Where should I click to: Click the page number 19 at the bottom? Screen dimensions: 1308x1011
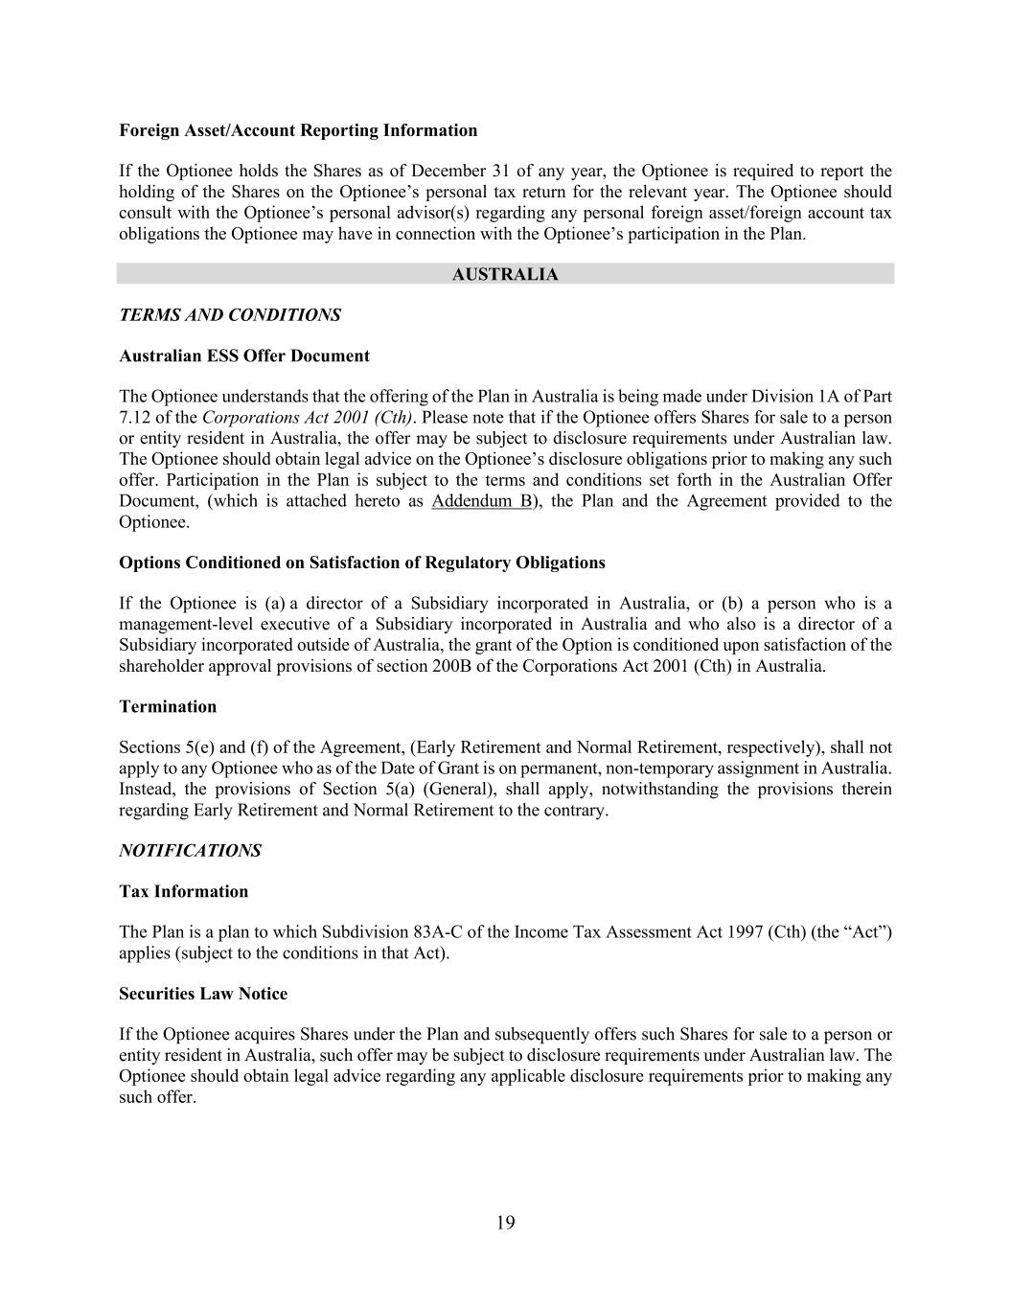[x=506, y=1223]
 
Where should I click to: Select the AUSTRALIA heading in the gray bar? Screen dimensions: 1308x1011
[x=505, y=275]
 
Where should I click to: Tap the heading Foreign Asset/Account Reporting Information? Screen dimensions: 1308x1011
[x=298, y=130]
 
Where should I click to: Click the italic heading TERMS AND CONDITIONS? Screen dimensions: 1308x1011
[x=230, y=315]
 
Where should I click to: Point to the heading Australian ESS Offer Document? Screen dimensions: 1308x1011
[x=244, y=356]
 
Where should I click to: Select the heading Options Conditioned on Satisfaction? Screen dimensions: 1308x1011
[x=361, y=562]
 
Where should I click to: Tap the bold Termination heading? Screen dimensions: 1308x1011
[x=168, y=707]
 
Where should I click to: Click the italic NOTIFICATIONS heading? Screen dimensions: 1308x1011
[x=190, y=851]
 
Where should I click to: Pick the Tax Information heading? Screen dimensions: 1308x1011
[x=183, y=892]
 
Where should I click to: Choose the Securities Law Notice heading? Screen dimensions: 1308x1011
[x=203, y=995]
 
